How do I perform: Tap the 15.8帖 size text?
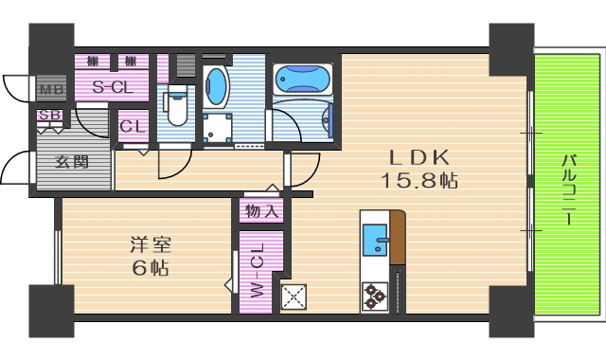click(419, 180)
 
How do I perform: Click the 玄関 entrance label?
click(71, 162)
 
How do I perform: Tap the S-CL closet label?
click(111, 87)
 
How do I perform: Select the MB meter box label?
click(50, 92)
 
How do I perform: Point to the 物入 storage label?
click(261, 210)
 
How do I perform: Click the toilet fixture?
click(176, 105)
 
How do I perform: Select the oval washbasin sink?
click(217, 86)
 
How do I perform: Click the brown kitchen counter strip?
click(399, 237)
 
